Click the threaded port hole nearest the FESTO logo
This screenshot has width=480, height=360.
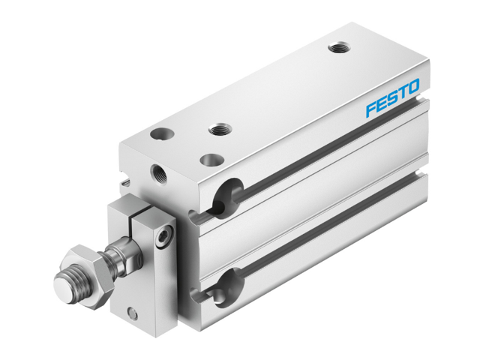point(337,49)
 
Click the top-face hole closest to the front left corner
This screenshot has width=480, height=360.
point(160,135)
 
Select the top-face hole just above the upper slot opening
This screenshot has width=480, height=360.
point(212,159)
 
